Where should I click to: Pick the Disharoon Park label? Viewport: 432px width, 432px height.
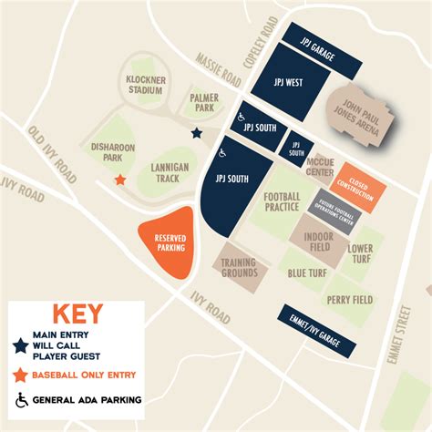(x=107, y=151)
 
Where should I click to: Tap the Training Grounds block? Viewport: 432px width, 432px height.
(x=239, y=265)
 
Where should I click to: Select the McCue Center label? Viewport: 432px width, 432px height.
(x=319, y=168)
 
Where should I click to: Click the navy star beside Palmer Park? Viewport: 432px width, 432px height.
(x=197, y=133)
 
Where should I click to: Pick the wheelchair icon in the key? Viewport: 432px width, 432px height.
(x=19, y=398)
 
